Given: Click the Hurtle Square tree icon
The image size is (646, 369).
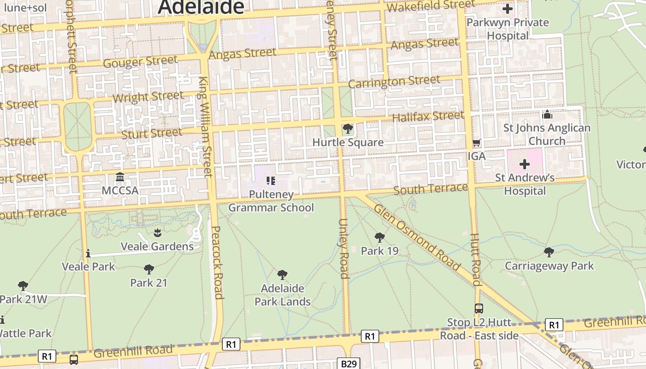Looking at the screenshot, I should [348, 129].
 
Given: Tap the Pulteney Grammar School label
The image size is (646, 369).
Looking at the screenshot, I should [271, 201].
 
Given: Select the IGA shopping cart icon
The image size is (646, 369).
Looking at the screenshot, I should [477, 143].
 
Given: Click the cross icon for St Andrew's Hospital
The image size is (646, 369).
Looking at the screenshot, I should [525, 164].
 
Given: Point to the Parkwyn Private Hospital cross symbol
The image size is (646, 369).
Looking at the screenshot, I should [508, 9].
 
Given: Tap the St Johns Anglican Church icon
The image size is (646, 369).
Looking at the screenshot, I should [547, 114].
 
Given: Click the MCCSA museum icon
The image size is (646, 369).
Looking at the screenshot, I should [120, 177].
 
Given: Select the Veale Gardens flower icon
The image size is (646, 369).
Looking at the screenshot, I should [157, 232].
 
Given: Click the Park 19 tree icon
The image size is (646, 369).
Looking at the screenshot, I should [380, 238].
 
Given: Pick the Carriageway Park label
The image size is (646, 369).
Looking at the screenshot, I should [549, 266].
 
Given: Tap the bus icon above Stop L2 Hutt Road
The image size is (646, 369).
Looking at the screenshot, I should [479, 308].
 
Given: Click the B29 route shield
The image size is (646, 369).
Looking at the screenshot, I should [349, 363].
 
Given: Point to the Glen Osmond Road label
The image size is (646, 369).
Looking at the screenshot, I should [417, 237].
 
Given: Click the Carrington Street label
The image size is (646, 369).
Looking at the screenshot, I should [394, 82].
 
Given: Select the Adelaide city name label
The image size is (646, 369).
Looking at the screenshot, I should [201, 7].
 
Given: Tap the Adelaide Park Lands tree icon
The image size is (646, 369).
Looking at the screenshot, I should [282, 275].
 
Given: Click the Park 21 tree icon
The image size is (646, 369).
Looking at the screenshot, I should [149, 269].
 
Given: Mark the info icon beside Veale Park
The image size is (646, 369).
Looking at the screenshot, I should [88, 253].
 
